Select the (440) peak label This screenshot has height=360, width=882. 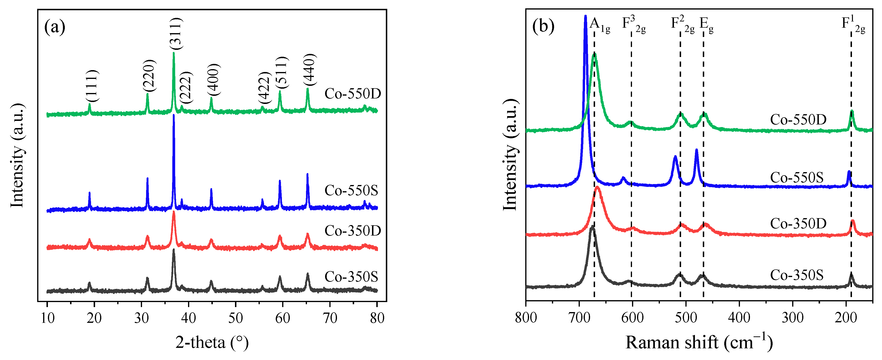pyautogui.click(x=310, y=70)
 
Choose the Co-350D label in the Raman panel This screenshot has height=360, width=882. pyautogui.click(x=798, y=224)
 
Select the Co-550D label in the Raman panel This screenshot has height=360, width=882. pyautogui.click(x=798, y=119)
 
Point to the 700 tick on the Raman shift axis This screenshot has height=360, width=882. pyautogui.click(x=579, y=318)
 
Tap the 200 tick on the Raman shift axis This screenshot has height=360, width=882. pyautogui.click(x=846, y=318)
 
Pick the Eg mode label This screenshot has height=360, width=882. pyautogui.click(x=706, y=24)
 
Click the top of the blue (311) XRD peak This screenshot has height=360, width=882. pyautogui.click(x=173, y=115)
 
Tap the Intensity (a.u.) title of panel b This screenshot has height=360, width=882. pyautogui.click(x=510, y=155)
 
